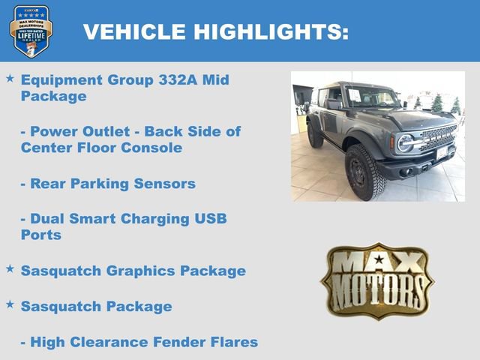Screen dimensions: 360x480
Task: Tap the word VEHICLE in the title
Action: tap(133, 31)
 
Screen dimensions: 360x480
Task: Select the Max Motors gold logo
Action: tap(377, 280)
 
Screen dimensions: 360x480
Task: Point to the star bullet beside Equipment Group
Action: tap(10, 78)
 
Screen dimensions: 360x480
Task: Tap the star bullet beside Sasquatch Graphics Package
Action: tap(10, 268)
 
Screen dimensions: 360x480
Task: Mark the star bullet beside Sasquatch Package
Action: tap(10, 304)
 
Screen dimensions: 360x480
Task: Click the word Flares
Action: tap(232, 342)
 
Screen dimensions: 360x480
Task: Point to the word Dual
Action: tap(46, 219)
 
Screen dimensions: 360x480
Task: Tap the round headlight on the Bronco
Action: tap(406, 142)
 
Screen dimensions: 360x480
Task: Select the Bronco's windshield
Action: tap(370, 98)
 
